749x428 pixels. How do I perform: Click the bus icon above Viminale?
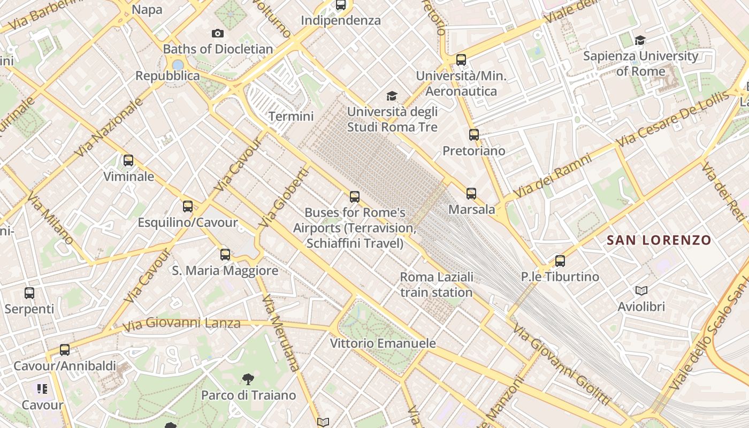128,160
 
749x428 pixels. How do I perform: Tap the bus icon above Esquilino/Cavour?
188,206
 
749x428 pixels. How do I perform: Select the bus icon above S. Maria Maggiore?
225,254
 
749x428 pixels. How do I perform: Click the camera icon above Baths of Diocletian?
218,33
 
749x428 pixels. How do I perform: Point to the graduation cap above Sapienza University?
640,40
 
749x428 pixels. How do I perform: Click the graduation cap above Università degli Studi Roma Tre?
392,96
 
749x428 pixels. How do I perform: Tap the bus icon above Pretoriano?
474,134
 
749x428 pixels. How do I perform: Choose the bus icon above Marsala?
471,193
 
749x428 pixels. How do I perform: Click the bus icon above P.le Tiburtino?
560,261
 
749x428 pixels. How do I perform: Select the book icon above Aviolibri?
641,291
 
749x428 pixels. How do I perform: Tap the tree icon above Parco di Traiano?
248,379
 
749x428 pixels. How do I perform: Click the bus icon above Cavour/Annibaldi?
65,350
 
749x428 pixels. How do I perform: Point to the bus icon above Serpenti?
29,293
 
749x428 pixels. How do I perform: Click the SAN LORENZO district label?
659,240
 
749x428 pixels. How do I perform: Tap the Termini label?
291,116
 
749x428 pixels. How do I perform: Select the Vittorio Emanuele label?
383,343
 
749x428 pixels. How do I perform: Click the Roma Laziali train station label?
437,285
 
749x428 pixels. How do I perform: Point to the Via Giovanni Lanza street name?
181,324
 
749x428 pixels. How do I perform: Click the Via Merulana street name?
281,332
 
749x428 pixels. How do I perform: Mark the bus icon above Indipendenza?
341,5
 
